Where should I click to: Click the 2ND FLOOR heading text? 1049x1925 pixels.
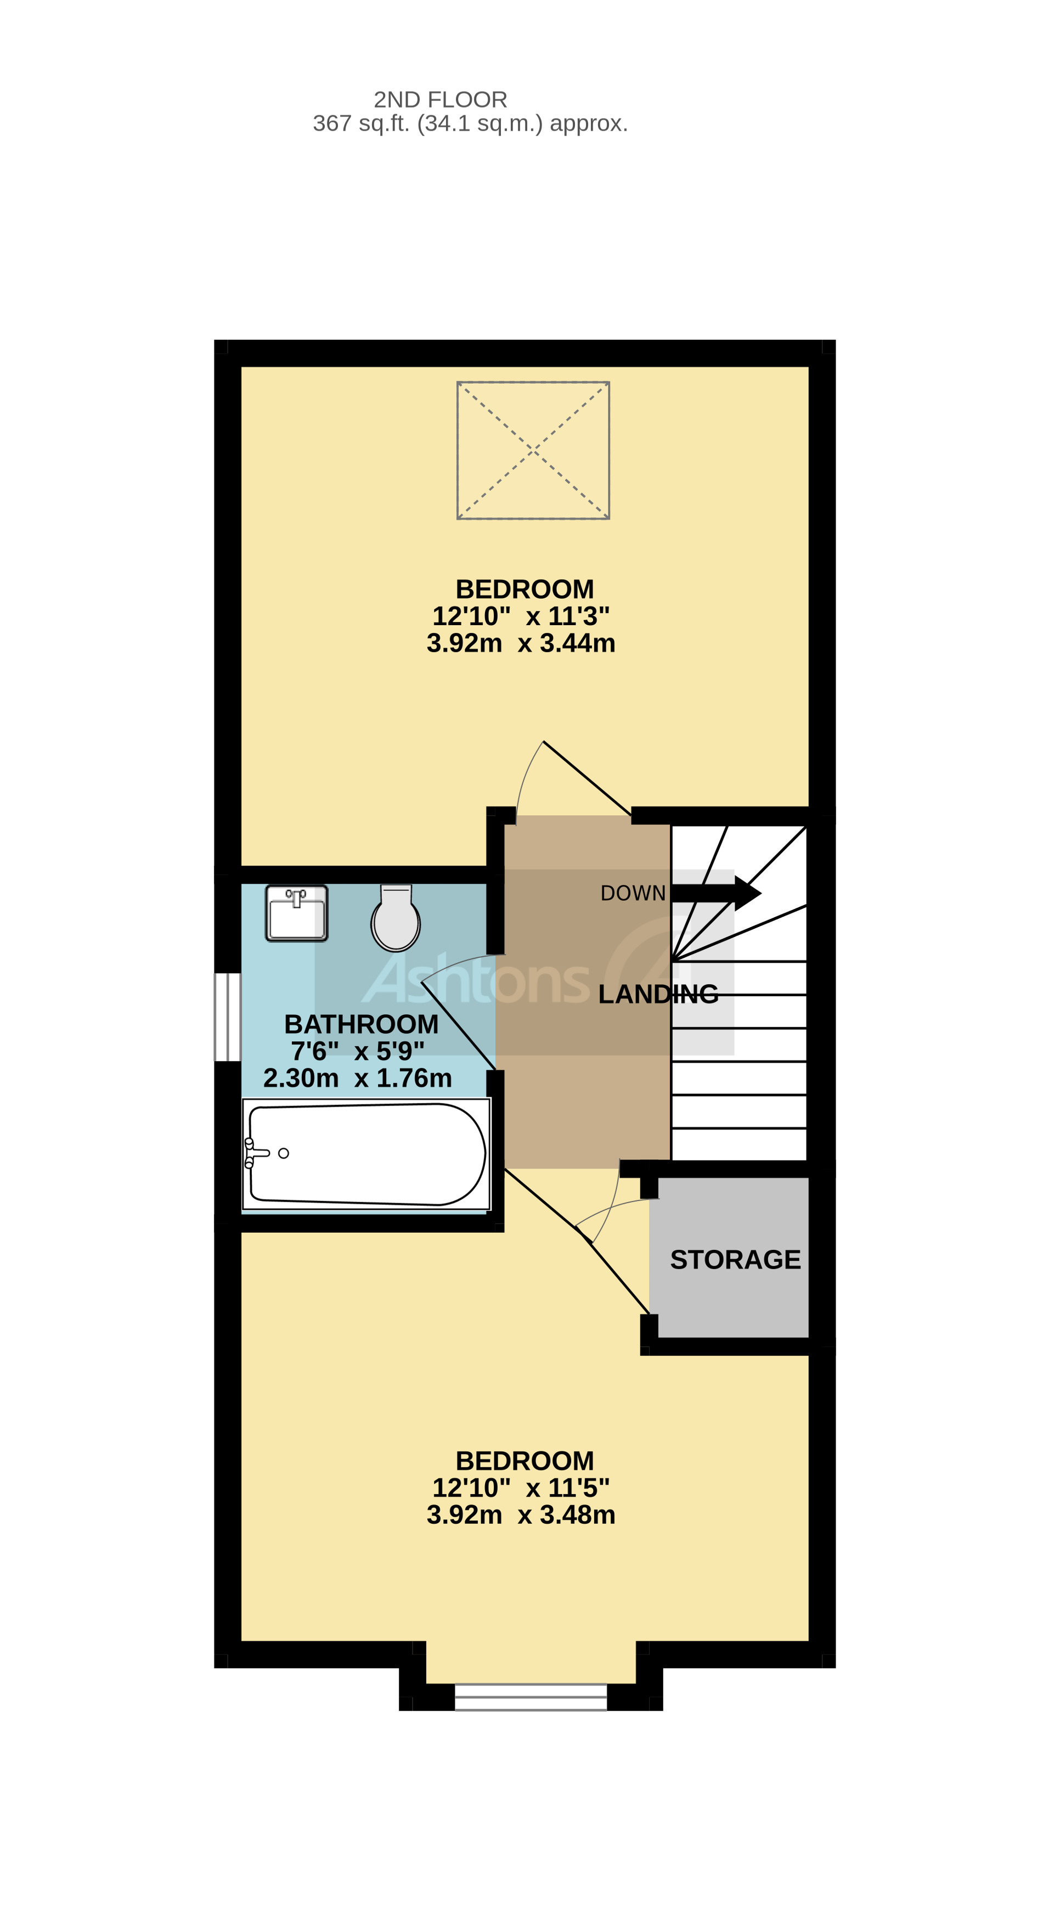click(x=440, y=99)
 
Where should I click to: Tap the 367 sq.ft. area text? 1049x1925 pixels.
click(x=470, y=124)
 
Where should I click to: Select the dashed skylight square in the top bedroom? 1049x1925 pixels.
click(x=533, y=450)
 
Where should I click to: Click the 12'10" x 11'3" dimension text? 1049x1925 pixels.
click(x=521, y=616)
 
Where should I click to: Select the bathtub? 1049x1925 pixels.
click(x=366, y=1154)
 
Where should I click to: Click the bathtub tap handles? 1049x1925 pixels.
click(x=252, y=1153)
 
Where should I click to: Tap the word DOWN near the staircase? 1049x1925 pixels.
click(x=632, y=893)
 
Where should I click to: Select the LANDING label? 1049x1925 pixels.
click(x=657, y=994)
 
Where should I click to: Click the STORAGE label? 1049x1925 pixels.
click(x=735, y=1260)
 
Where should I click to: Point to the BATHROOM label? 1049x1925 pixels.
click(x=361, y=1024)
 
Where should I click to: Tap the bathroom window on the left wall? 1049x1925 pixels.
click(x=227, y=1017)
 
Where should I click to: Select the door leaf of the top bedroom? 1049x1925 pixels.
click(x=586, y=778)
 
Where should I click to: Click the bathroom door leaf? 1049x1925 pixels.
click(x=458, y=1025)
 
